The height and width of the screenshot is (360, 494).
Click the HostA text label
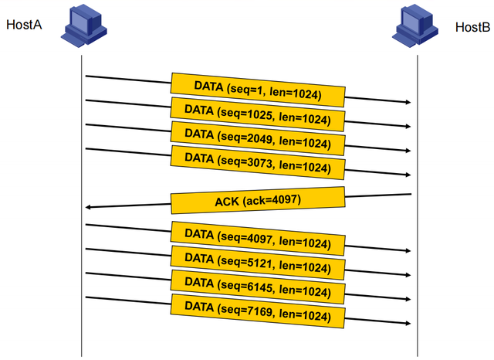(23, 24)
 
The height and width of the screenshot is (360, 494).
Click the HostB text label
(472, 28)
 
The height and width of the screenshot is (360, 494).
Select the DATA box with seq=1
(257, 90)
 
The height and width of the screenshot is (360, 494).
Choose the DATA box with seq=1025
(257, 114)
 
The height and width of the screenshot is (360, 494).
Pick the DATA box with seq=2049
(257, 137)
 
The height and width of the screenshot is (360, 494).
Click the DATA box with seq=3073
(257, 161)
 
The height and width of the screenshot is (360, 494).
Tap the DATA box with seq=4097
(257, 238)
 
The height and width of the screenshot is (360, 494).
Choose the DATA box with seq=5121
(257, 262)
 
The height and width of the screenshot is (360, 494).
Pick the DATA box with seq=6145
(257, 286)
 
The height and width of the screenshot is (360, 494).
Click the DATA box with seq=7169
(257, 310)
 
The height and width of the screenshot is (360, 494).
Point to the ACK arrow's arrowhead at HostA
(90, 206)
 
